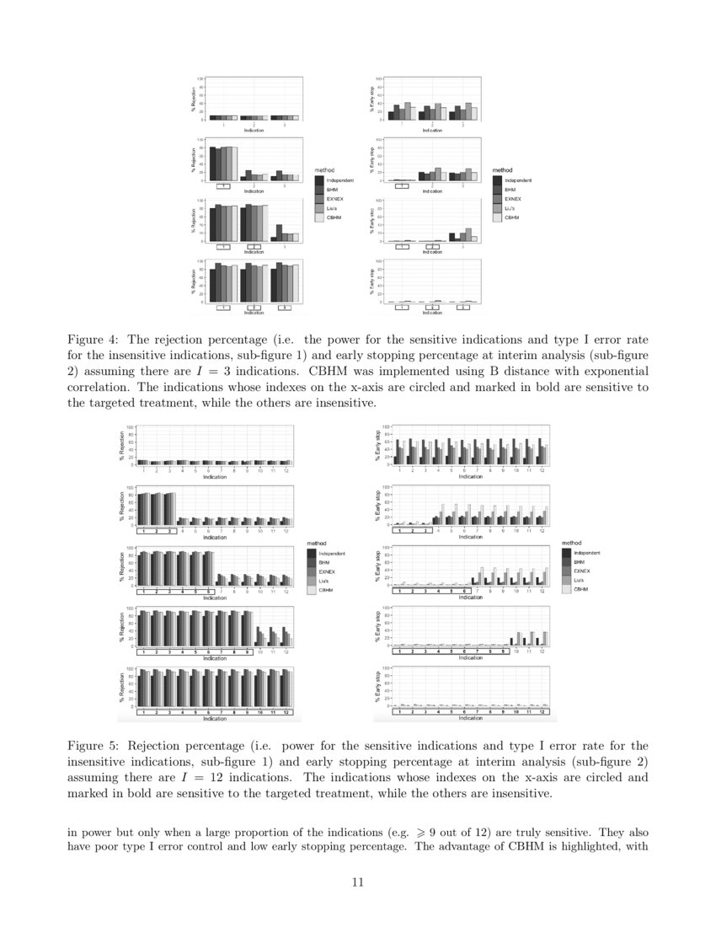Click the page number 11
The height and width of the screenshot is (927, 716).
(357, 882)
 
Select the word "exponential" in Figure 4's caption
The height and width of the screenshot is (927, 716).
(613, 372)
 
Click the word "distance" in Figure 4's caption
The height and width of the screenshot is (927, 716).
(551, 372)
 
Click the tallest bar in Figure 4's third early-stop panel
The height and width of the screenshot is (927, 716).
(468, 235)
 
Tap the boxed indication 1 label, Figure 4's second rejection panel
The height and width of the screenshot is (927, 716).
(223, 186)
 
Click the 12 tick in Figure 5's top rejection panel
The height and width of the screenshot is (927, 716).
(286, 470)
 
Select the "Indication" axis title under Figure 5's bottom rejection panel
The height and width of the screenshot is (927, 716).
(215, 719)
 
